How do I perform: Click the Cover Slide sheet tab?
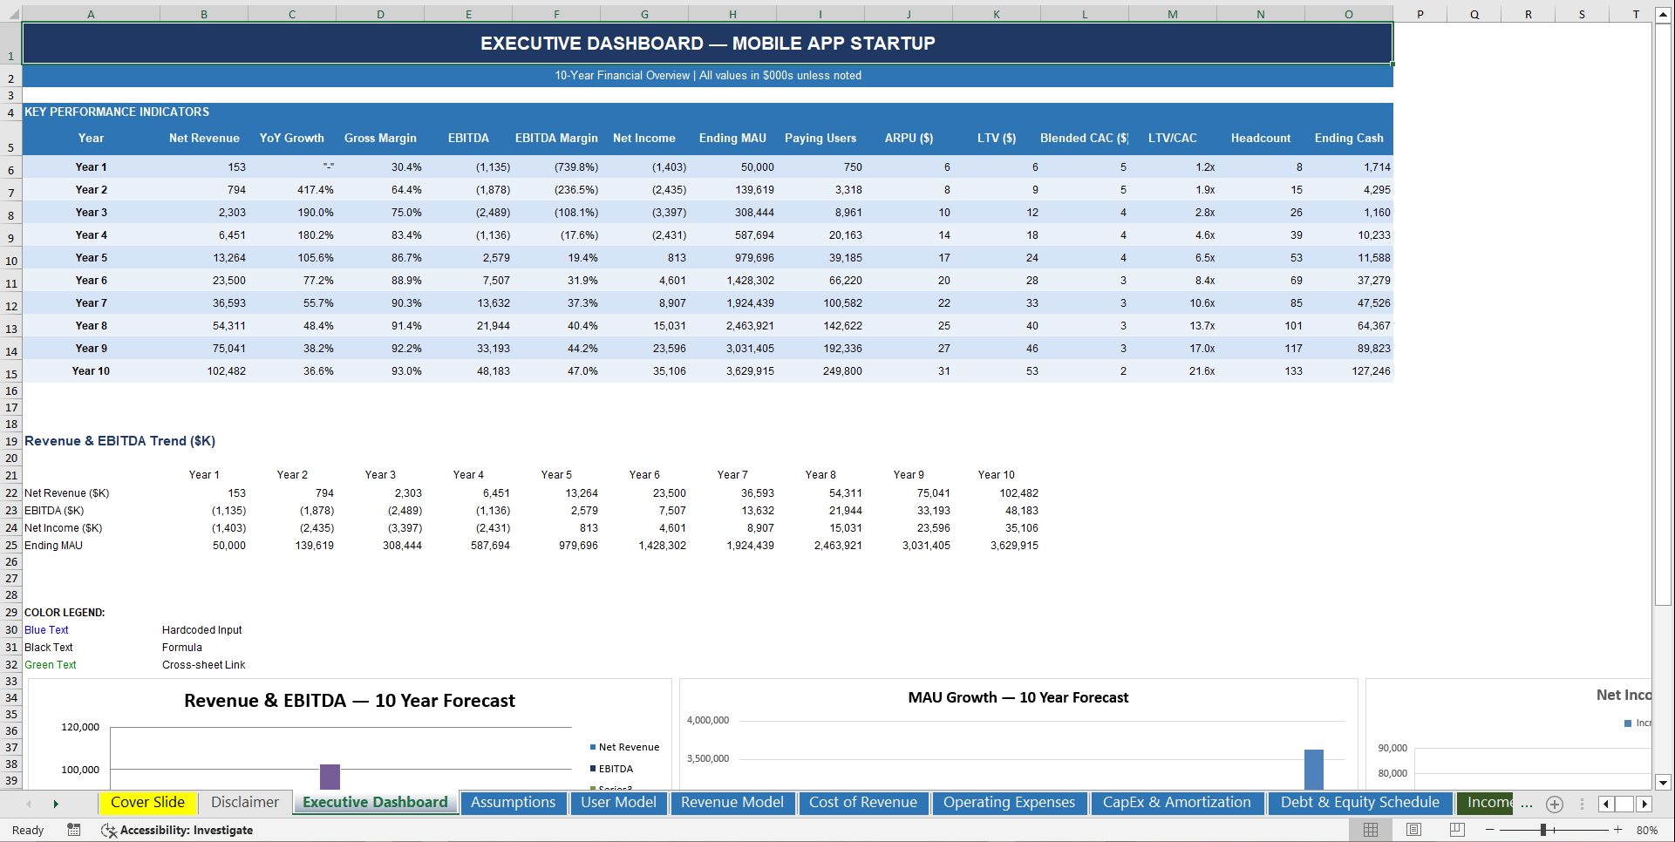147,803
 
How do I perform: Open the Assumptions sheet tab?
513,803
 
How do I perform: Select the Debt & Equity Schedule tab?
1358,803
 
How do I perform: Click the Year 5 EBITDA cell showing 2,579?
495,258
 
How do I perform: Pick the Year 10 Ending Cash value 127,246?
1370,371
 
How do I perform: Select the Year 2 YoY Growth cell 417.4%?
315,190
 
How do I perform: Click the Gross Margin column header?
380,139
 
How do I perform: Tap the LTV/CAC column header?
1172,139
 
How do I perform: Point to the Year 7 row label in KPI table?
91,303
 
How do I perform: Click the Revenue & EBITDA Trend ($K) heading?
119,441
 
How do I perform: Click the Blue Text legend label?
46,630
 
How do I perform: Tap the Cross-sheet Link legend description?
203,665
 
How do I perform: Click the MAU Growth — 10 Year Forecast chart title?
1018,698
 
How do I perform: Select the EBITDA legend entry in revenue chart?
615,769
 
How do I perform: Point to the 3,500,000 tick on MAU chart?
707,759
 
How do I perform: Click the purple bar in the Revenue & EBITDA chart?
330,776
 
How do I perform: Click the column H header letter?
732,14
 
